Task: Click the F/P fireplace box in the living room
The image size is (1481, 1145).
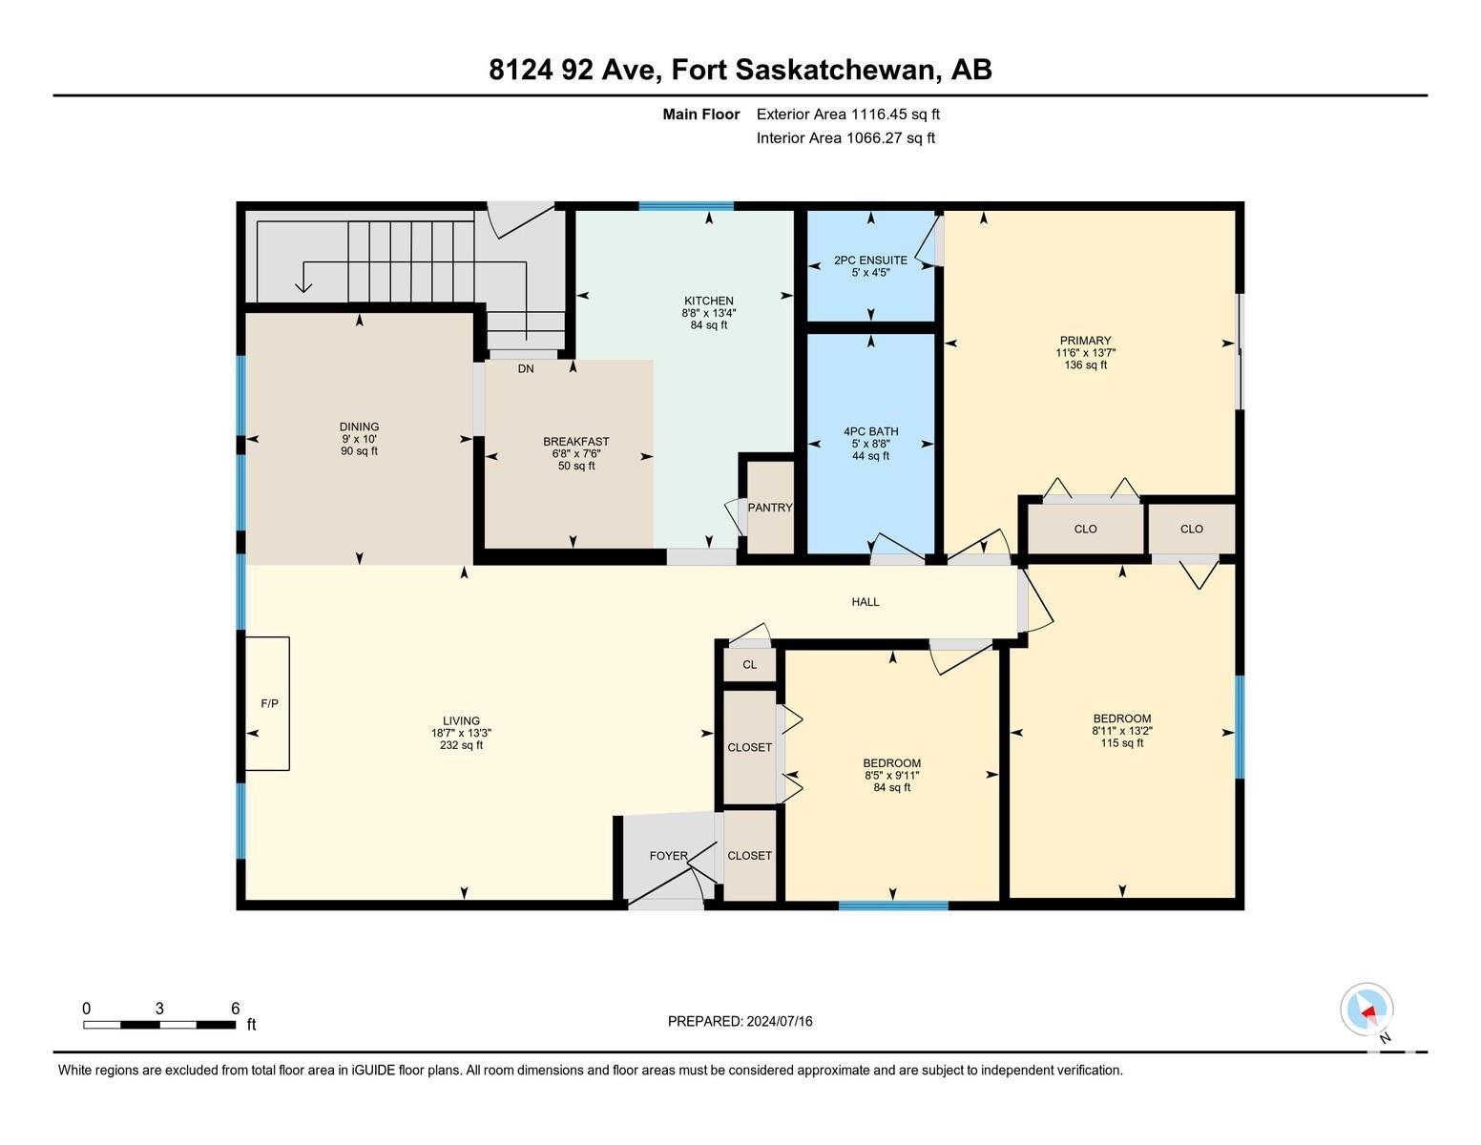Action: (267, 703)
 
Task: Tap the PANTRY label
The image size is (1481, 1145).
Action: (769, 508)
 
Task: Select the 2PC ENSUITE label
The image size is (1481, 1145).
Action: (870, 260)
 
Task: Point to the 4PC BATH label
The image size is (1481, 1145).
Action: (870, 431)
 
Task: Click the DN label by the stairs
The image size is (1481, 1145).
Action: (526, 369)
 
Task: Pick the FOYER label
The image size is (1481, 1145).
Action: (668, 856)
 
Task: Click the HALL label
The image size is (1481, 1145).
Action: (865, 601)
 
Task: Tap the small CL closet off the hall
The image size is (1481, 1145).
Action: (749, 664)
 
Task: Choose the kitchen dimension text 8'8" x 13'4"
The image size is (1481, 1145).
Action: (709, 313)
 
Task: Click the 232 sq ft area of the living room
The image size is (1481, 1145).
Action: (462, 745)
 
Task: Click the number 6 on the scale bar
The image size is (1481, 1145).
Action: (235, 1009)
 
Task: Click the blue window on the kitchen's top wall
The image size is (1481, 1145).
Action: (686, 206)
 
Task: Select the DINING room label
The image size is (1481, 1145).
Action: (359, 427)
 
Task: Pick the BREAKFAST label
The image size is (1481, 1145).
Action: (576, 442)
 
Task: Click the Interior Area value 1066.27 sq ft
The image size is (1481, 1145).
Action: (890, 138)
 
